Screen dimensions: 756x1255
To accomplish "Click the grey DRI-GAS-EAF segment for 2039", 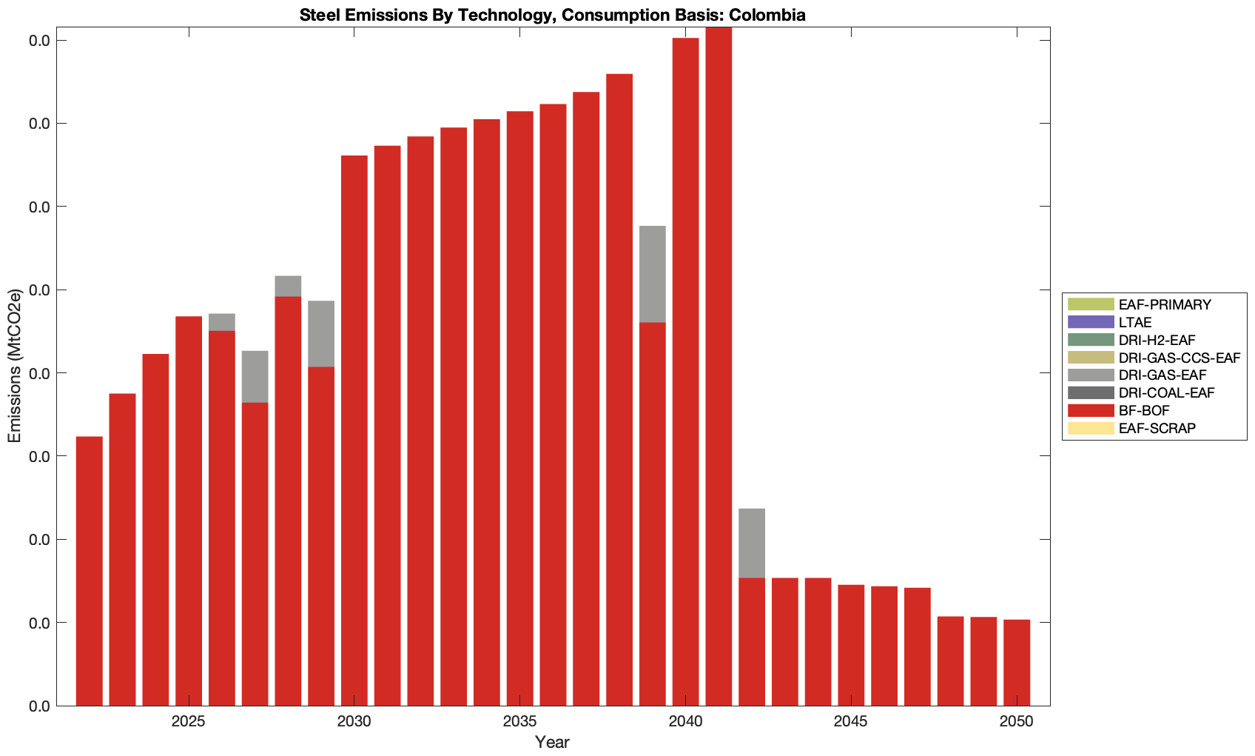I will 652,274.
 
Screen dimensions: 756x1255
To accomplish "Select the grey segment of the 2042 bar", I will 752,543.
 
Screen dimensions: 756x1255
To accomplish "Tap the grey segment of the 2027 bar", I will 255,376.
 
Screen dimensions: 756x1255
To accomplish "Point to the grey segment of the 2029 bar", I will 321,333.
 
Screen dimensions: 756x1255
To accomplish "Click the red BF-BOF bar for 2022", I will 90,570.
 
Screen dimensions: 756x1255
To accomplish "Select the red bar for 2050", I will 1017,662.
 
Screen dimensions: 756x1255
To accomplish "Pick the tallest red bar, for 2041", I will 719,367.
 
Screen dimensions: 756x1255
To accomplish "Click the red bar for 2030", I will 354,429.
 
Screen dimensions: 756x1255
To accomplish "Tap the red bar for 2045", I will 851,644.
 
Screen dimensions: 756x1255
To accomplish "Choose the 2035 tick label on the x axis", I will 519,721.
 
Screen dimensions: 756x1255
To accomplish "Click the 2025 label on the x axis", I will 189,721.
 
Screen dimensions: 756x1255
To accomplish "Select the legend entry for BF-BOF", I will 1144,411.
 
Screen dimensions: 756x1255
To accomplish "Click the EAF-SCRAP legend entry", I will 1157,428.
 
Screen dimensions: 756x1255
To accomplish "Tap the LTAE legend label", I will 1135,322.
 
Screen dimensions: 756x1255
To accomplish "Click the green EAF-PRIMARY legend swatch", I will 1090,304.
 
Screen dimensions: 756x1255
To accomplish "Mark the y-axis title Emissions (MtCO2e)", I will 14,366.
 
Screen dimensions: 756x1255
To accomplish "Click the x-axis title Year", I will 552,742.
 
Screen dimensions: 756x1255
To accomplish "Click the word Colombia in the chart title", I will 769,15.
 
